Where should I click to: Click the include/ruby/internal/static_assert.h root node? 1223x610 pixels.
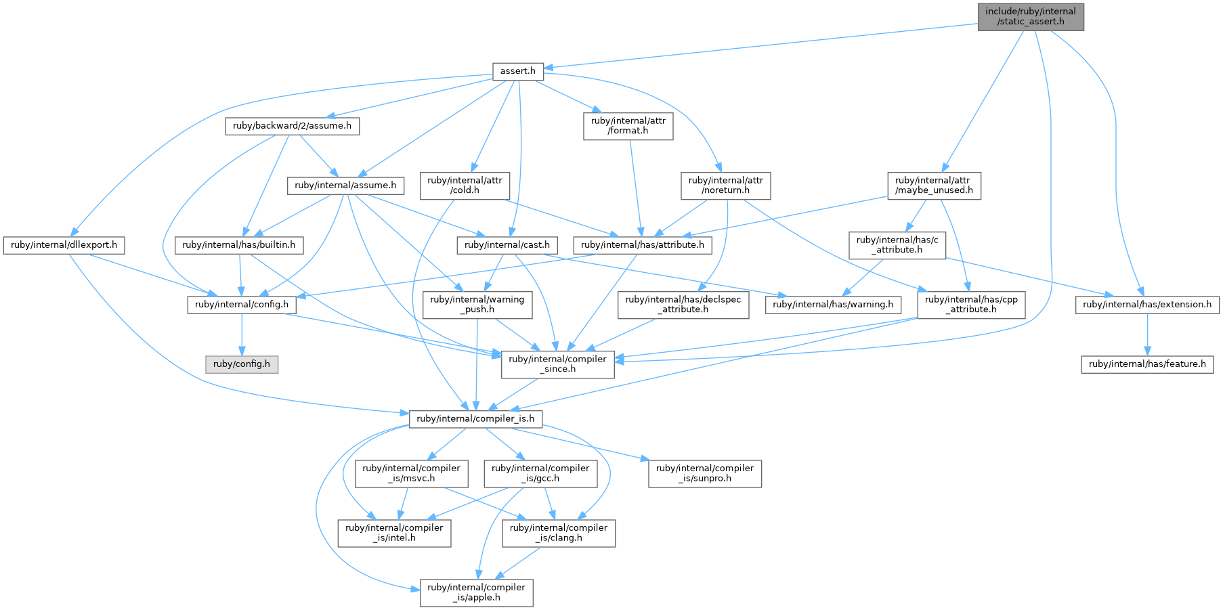[x=1031, y=16]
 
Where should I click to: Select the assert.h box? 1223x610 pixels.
[x=518, y=71]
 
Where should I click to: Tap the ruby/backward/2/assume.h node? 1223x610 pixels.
[x=292, y=126]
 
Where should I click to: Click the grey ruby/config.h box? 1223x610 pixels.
[x=242, y=364]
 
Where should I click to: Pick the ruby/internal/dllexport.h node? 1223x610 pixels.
[x=64, y=245]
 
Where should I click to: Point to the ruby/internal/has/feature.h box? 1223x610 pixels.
[x=1147, y=364]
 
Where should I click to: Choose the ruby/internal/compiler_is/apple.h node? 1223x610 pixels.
[x=476, y=592]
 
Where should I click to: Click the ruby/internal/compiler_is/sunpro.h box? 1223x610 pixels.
[x=705, y=473]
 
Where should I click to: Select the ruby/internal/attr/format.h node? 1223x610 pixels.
[x=628, y=126]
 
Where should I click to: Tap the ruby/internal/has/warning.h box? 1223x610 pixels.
[x=833, y=305]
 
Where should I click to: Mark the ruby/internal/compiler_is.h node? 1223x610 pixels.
[x=475, y=419]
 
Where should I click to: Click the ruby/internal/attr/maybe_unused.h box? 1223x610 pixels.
[x=934, y=186]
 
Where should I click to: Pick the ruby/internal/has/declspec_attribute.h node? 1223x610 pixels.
[x=683, y=305]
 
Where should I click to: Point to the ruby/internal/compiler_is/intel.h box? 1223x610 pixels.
[x=394, y=533]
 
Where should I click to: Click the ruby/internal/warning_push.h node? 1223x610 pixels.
[x=477, y=305]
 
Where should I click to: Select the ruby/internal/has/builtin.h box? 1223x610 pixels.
[x=239, y=245]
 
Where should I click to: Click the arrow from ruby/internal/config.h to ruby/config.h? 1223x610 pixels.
[x=242, y=334]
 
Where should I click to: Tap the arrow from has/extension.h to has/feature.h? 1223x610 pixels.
[x=1147, y=334]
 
